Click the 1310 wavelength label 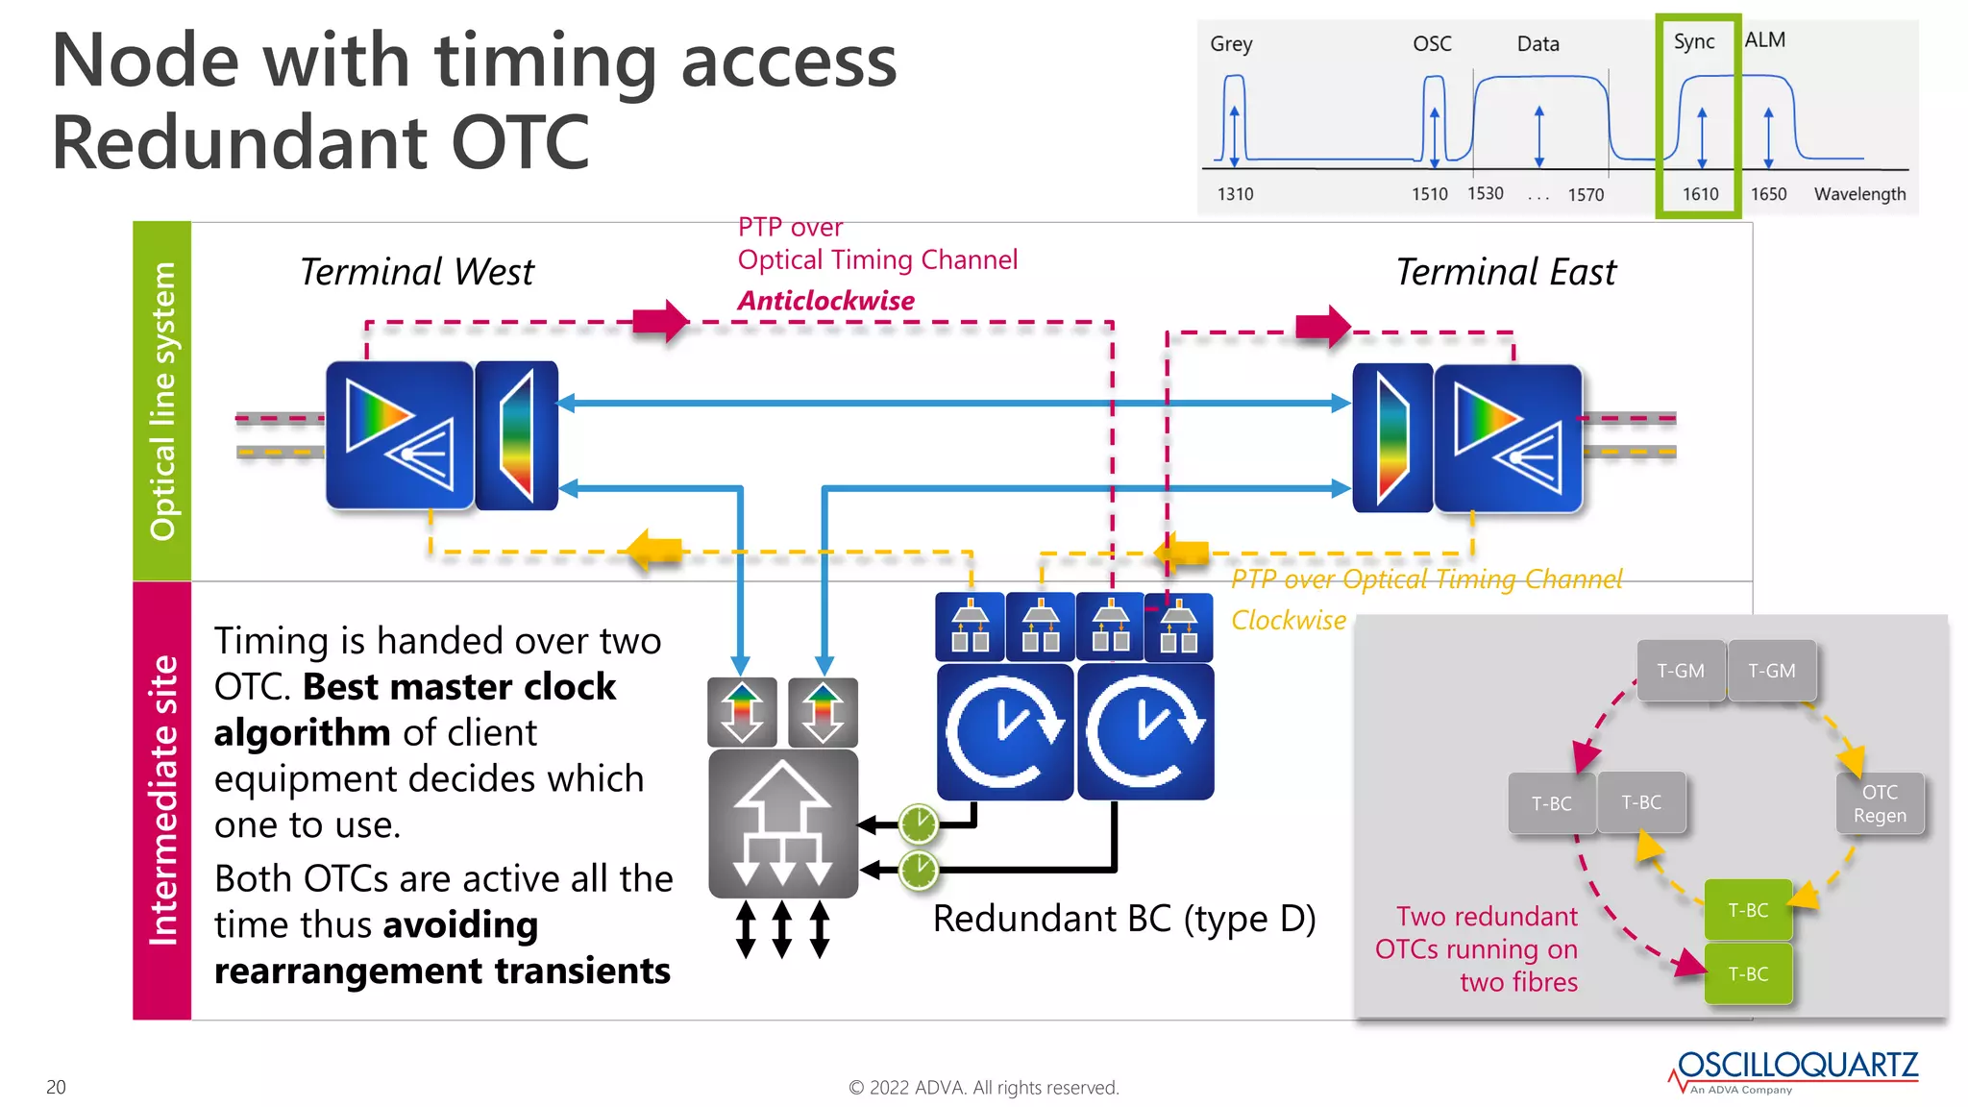1235,194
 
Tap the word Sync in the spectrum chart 1693,41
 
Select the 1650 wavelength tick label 1768,194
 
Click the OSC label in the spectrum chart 1432,44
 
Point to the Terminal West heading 416,272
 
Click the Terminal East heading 1506,272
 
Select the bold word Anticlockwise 825,301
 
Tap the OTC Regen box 1880,803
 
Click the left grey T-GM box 1680,671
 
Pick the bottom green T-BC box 1748,973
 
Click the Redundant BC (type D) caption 1123,919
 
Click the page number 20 56,1087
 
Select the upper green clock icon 919,824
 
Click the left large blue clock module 1004,732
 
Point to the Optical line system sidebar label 162,401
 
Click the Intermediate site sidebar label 162,799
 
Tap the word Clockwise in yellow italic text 1288,621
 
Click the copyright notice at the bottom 983,1088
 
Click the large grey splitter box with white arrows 783,824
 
